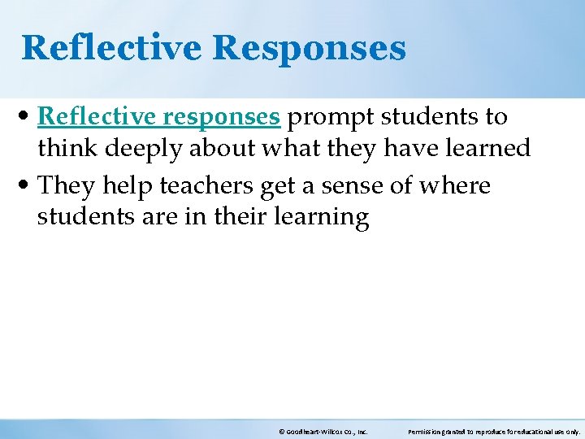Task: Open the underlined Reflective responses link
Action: tap(158, 117)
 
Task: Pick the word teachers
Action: tap(206, 185)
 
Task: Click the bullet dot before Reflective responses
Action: tap(28, 118)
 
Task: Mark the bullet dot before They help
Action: tap(28, 186)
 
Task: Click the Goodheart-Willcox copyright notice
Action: tap(323, 432)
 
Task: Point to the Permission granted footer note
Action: tap(493, 432)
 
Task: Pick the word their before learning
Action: tap(242, 217)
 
